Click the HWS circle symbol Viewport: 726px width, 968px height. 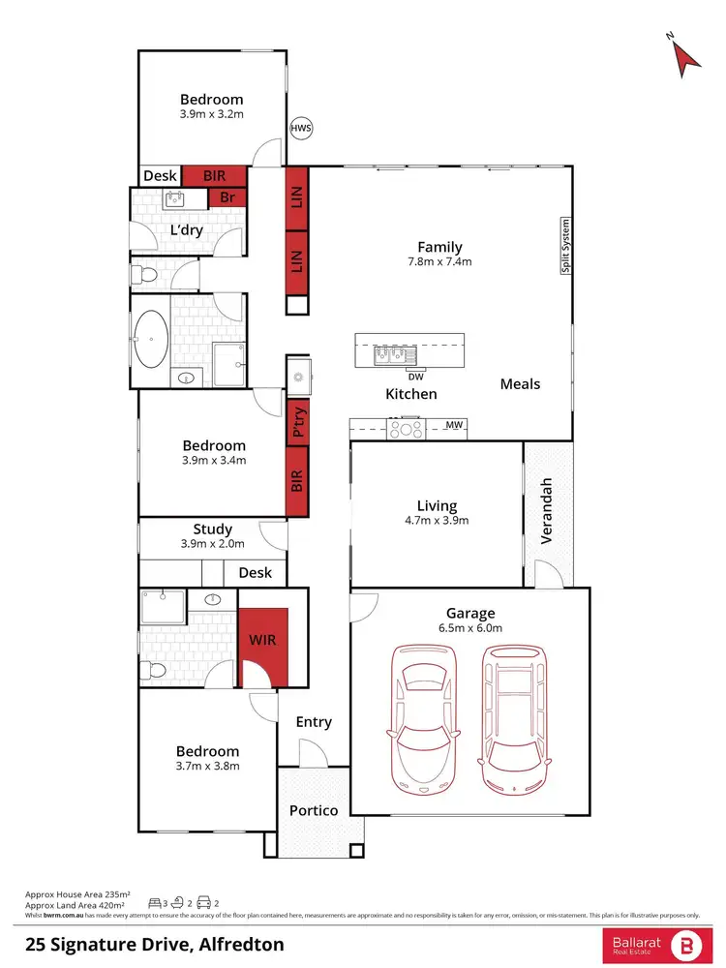pos(302,128)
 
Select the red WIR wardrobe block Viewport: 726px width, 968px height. pos(263,641)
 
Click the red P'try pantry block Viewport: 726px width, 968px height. pos(298,423)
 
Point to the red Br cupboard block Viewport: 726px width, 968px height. pos(228,197)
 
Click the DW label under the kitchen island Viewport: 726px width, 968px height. pos(415,377)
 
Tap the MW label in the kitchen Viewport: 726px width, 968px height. pos(453,425)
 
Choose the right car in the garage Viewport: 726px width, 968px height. pos(514,716)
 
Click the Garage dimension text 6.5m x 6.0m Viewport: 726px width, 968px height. pos(470,629)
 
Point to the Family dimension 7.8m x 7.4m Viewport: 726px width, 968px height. pos(439,262)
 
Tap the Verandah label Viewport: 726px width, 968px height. pos(546,510)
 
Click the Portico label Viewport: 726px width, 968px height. pos(314,809)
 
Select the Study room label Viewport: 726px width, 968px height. pos(212,529)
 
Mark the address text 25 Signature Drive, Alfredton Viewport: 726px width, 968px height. pos(154,943)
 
